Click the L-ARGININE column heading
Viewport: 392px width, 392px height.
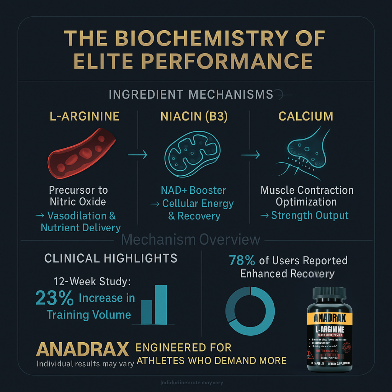point(84,116)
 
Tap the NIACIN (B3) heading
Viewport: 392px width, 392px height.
point(194,116)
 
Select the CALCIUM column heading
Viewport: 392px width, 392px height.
point(305,116)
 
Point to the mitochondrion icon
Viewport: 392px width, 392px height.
point(192,154)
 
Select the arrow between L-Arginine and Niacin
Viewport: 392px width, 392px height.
point(138,155)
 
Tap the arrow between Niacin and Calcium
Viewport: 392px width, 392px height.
point(250,155)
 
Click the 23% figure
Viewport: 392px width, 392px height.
point(54,298)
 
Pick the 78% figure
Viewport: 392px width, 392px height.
point(242,260)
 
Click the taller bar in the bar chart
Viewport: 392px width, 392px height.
point(161,304)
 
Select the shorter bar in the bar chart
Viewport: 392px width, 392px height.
point(146,312)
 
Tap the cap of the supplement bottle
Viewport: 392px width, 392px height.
point(329,294)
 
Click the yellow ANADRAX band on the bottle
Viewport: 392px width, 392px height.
point(330,318)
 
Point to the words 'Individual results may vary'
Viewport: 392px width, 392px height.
point(85,364)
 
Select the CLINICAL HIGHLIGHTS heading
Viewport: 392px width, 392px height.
point(111,258)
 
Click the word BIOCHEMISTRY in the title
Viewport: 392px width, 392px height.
point(202,38)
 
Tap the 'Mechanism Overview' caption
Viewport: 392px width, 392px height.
point(191,239)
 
